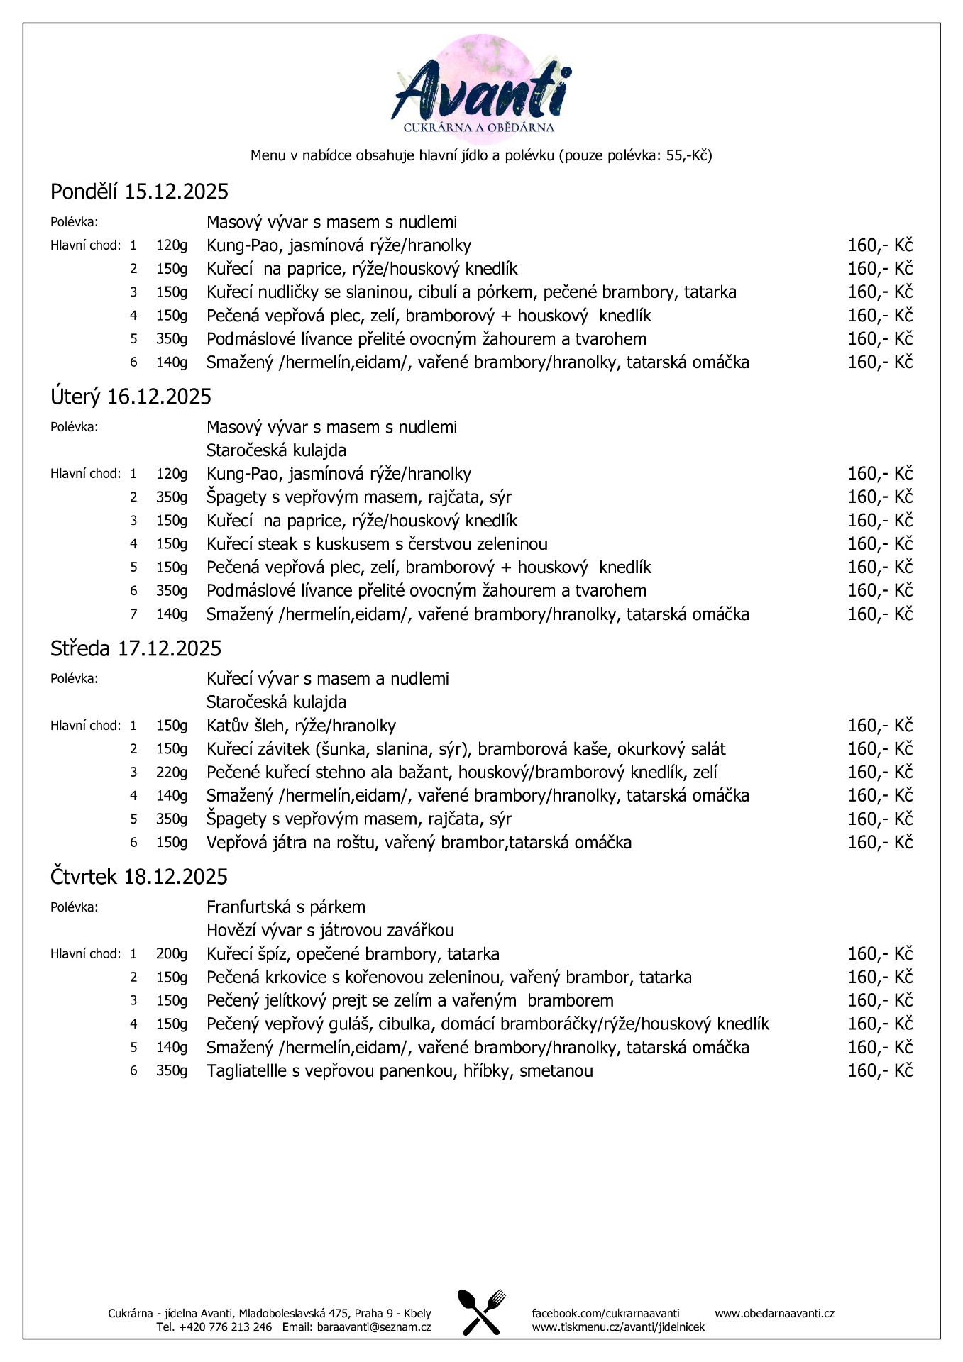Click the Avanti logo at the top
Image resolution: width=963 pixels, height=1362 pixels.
(x=481, y=89)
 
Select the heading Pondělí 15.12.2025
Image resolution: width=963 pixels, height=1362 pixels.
(x=139, y=192)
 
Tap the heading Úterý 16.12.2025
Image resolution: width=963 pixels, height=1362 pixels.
(x=131, y=397)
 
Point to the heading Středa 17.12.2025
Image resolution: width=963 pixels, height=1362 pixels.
(x=136, y=648)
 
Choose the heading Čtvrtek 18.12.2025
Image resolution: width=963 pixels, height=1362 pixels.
(x=138, y=877)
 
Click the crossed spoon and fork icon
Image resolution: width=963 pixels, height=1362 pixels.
(x=481, y=1312)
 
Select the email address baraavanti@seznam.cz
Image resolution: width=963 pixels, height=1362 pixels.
(x=374, y=1327)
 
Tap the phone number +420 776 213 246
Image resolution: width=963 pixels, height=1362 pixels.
(x=224, y=1327)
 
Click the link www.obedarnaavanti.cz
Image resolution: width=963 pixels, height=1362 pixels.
(x=774, y=1313)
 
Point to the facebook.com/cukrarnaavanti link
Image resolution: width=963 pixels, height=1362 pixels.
(x=605, y=1313)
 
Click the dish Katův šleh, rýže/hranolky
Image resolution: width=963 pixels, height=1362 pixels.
(x=301, y=726)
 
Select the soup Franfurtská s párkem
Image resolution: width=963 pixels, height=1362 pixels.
(x=285, y=907)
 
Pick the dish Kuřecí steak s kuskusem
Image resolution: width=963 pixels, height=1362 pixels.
(x=377, y=544)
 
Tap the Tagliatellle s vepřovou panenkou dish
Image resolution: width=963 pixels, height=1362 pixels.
(x=400, y=1071)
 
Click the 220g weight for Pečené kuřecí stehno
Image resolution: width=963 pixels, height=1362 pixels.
(x=172, y=773)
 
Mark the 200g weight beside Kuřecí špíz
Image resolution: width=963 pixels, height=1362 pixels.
(x=172, y=954)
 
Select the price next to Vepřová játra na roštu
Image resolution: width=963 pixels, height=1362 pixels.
(x=879, y=843)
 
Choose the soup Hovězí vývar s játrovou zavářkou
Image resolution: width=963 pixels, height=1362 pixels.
(x=330, y=931)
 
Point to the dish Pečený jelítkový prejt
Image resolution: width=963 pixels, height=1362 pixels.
(x=409, y=1001)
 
